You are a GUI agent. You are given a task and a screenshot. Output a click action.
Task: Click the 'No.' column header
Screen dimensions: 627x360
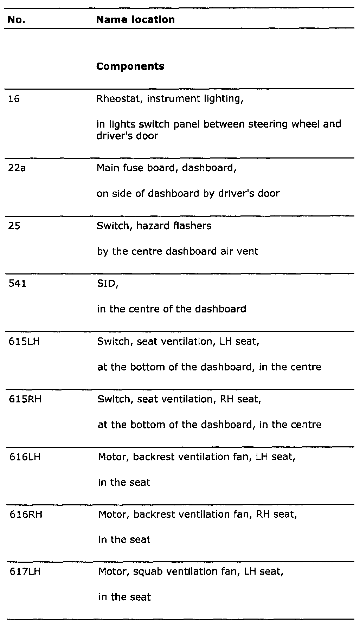pos(16,20)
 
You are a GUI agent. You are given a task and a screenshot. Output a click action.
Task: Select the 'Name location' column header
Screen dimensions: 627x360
pos(135,20)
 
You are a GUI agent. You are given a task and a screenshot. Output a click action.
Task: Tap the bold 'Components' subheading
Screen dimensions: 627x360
pos(130,66)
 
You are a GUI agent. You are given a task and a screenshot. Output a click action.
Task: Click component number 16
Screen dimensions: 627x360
pos(14,99)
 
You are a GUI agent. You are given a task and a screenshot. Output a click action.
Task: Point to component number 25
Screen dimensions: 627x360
pos(14,226)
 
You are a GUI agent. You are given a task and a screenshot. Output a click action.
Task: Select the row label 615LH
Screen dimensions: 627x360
pos(24,341)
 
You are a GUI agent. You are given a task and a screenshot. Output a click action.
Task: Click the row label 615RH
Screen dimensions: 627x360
pos(25,399)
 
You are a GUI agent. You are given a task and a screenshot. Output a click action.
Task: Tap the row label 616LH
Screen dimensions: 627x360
pos(25,457)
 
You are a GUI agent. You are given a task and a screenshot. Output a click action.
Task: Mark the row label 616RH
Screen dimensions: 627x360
pos(25,515)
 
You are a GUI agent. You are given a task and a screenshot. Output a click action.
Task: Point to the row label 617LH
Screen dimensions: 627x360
pos(25,572)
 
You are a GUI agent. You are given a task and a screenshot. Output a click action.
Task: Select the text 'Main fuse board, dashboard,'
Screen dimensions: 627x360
pos(166,168)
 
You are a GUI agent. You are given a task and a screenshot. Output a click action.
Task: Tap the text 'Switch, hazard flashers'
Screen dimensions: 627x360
pos(154,226)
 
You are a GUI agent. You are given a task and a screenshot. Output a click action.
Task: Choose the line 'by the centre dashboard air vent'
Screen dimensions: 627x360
pos(178,252)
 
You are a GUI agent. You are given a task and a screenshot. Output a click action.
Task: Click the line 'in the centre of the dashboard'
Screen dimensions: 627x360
pos(172,309)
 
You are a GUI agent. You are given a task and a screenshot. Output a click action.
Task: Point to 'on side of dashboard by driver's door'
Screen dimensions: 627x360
pos(188,194)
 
